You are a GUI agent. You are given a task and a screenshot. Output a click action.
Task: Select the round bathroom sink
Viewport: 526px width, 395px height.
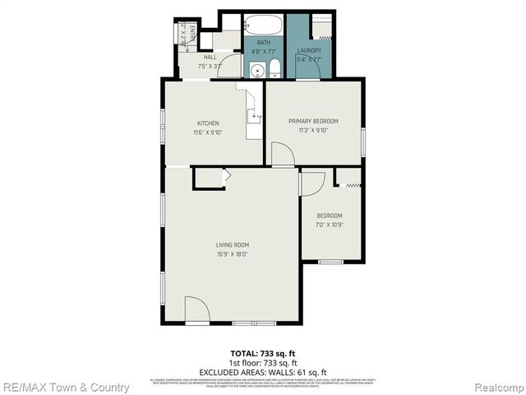click(256, 70)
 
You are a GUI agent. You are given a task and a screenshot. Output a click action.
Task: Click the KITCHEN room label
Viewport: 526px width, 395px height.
click(207, 123)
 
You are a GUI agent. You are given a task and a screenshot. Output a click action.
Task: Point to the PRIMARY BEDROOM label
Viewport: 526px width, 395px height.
click(312, 121)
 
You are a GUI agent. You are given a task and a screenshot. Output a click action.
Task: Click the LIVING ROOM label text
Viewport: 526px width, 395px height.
click(233, 245)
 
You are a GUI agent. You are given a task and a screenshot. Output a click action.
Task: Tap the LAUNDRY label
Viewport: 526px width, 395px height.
click(309, 51)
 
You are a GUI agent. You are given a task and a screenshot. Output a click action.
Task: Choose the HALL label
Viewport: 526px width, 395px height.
click(210, 57)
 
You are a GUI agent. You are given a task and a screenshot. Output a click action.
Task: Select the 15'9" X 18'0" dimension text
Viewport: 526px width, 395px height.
click(233, 254)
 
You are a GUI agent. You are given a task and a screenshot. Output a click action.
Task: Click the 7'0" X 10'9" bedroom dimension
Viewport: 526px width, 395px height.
click(329, 225)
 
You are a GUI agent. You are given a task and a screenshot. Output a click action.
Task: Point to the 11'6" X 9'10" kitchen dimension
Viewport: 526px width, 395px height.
click(207, 132)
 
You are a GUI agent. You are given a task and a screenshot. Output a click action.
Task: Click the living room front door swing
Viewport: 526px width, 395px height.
click(196, 310)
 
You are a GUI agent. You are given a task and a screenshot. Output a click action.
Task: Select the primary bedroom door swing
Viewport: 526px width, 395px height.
click(282, 155)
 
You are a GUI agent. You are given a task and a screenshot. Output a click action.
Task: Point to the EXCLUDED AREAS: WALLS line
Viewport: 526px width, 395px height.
click(262, 371)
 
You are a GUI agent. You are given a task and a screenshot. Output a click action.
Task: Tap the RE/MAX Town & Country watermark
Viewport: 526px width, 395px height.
click(65, 387)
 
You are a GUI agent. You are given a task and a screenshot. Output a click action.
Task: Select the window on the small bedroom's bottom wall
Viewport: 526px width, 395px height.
click(330, 262)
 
